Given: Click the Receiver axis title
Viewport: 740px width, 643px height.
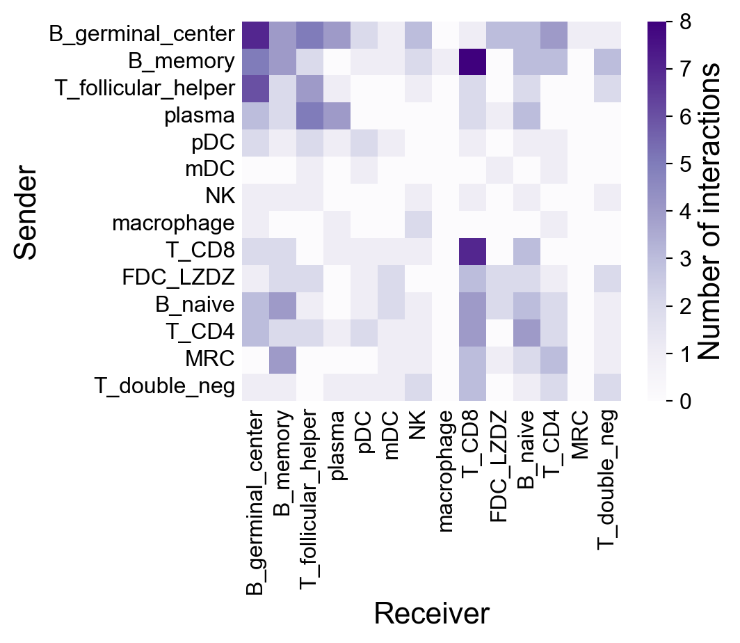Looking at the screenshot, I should click(x=431, y=614).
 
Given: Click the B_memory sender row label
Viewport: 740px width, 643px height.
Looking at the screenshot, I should click(x=182, y=61).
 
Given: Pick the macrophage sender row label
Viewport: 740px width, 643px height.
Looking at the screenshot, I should click(x=172, y=224).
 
